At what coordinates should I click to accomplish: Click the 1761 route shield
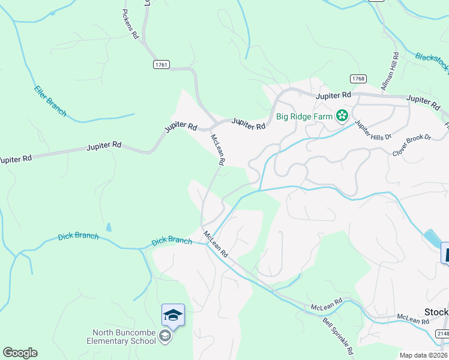[x=161, y=65]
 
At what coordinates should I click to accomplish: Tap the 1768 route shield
[x=358, y=79]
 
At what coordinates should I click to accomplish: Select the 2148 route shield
[x=442, y=334]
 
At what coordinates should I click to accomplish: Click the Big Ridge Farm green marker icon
[x=342, y=115]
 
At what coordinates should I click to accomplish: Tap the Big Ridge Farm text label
[x=304, y=116]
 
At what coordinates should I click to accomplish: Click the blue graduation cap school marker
[x=173, y=315]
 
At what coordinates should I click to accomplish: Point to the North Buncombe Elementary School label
[x=124, y=337]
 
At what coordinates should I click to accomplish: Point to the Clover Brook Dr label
[x=412, y=146]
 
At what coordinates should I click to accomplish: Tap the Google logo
[x=20, y=353]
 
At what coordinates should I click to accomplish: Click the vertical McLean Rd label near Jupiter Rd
[x=217, y=149]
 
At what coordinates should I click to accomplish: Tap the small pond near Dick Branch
[x=108, y=227]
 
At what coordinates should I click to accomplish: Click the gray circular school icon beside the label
[x=165, y=337]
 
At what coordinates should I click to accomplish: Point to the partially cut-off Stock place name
[x=436, y=312]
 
